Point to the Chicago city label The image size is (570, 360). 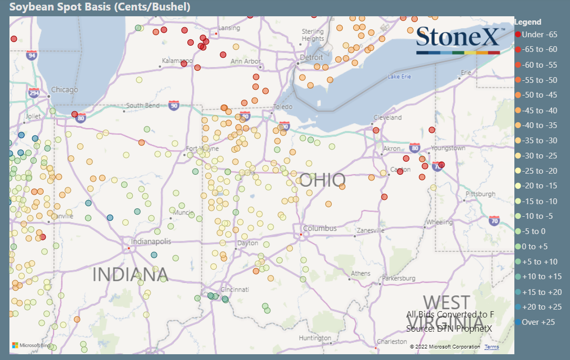tap(65, 90)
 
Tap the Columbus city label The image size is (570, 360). tap(320, 228)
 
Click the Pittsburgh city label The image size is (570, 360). tap(480, 194)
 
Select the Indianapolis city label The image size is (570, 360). tap(151, 241)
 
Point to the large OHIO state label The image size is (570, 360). tap(322, 180)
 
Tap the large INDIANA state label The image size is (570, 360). tap(130, 274)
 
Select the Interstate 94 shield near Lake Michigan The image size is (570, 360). tap(33, 55)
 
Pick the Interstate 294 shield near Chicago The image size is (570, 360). tap(34, 93)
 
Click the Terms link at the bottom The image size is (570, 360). tap(491, 347)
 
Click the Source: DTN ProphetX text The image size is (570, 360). tap(450, 329)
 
